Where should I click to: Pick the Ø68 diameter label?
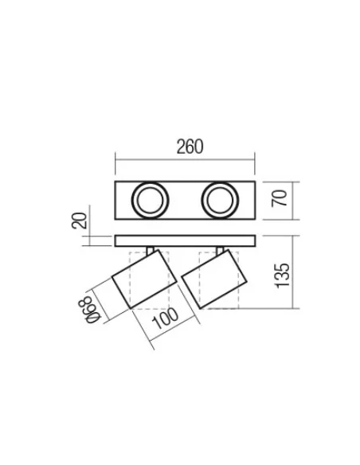(94, 309)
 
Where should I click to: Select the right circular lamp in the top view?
(218, 199)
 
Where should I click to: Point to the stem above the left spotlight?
(149, 251)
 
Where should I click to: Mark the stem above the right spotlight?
(218, 251)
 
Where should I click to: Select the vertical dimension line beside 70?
(293, 199)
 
